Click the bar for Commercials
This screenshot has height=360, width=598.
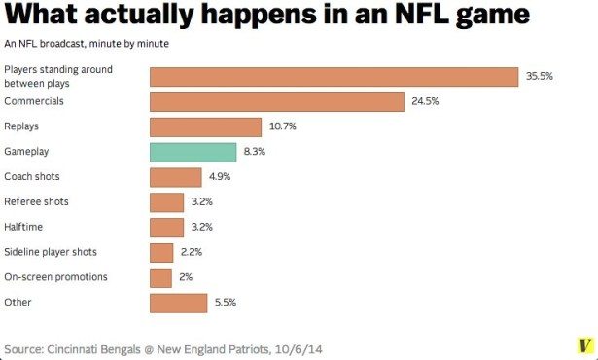pyautogui.click(x=276, y=101)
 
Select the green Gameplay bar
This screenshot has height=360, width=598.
pyautogui.click(x=193, y=152)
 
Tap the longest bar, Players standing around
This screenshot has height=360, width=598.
pyautogui.click(x=334, y=76)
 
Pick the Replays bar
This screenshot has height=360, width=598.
pyautogui.click(x=205, y=126)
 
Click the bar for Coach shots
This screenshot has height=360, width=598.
pyautogui.click(x=175, y=177)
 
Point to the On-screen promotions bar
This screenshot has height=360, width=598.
pyautogui.click(x=160, y=278)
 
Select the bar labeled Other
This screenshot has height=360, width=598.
pyautogui.click(x=178, y=304)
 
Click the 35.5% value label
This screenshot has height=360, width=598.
pyautogui.click(x=540, y=76)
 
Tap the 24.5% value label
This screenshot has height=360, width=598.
pyautogui.click(x=426, y=101)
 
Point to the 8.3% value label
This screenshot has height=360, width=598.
pyautogui.click(x=255, y=152)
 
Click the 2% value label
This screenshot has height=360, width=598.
pyautogui.click(x=186, y=278)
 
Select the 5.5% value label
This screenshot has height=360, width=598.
pyautogui.click(x=226, y=304)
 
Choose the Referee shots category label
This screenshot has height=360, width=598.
pyautogui.click(x=36, y=201)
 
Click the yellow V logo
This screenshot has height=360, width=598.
pyautogui.click(x=583, y=346)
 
